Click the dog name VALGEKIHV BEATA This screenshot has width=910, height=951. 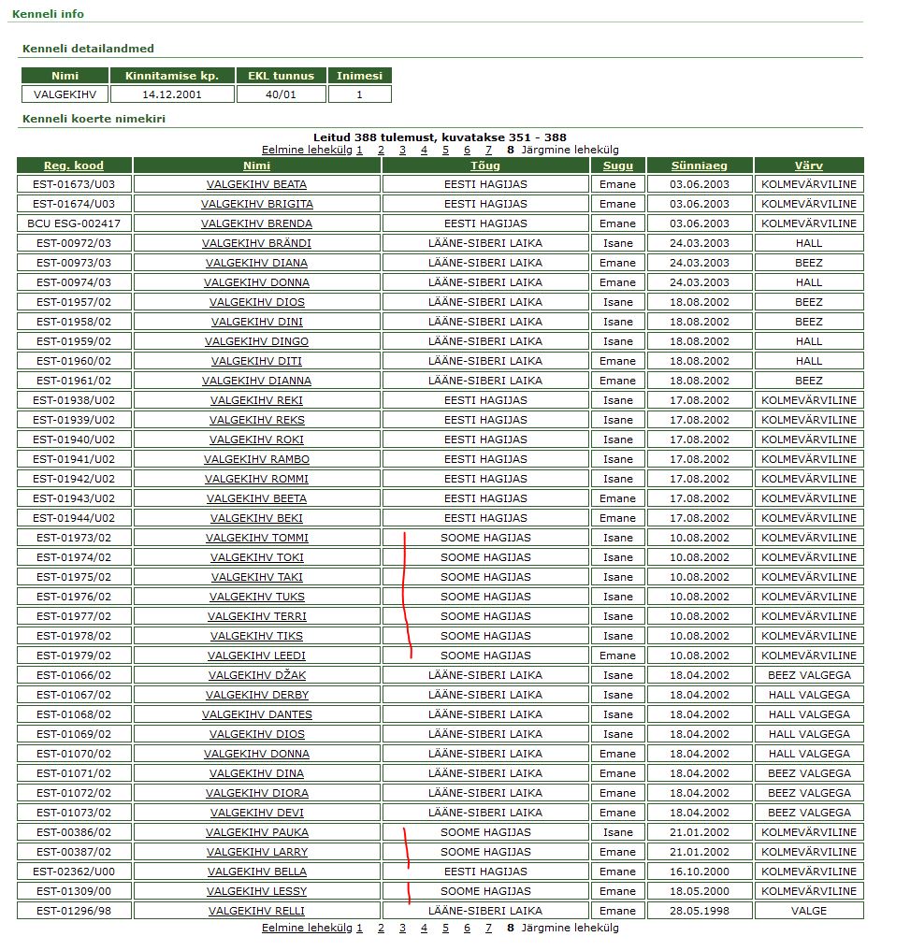[256, 184]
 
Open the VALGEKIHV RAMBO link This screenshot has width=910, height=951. [256, 459]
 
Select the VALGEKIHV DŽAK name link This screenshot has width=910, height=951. [256, 675]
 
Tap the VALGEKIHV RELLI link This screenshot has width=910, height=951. [256, 911]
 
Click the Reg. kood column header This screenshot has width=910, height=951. [74, 166]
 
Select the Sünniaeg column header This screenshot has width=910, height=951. [699, 166]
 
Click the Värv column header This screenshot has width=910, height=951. [808, 166]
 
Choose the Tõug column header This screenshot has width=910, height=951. [484, 166]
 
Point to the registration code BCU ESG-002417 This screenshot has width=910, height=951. [74, 223]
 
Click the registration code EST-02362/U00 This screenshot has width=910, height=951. [74, 872]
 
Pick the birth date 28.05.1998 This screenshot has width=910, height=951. [699, 911]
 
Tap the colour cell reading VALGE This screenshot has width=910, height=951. [808, 911]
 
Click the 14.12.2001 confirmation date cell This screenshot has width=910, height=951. [172, 94]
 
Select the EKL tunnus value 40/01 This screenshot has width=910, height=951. [281, 94]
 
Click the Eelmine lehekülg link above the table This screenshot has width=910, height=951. [307, 150]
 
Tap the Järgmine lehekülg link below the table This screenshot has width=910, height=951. [570, 929]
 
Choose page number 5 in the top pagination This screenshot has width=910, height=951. [445, 150]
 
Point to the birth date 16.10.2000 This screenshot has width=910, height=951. [699, 872]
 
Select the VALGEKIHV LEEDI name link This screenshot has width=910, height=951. [256, 656]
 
